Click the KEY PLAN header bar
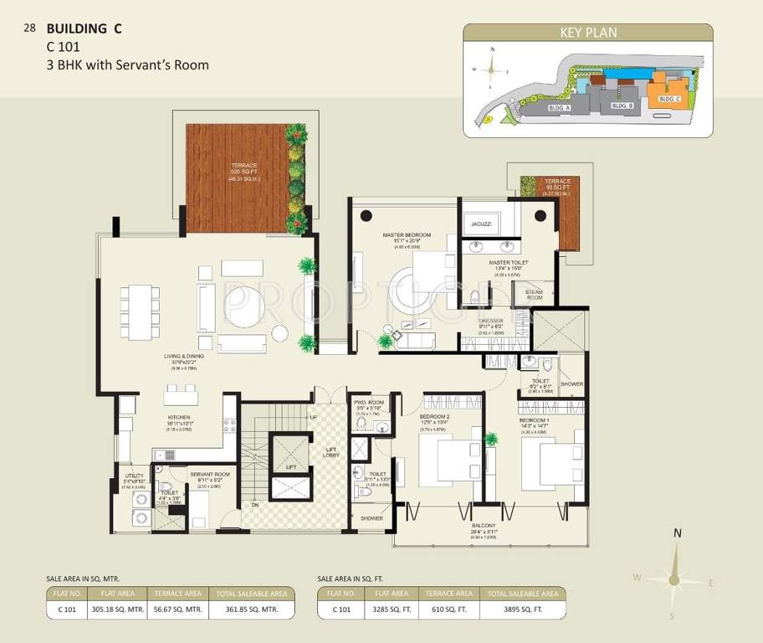coord(587,33)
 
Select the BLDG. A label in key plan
coord(559,108)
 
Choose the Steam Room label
coord(535,294)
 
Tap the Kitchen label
coord(179,417)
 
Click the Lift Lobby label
coord(330,453)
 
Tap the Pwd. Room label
coord(368,403)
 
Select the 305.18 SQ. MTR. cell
coord(118,610)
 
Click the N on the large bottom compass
coord(678,532)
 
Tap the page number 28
coord(30,28)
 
